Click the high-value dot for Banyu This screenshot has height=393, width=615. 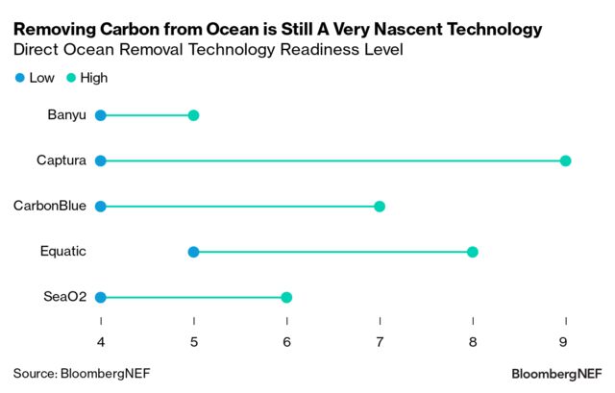193,115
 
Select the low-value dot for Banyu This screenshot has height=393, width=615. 101,115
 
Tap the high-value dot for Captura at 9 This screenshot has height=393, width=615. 565,160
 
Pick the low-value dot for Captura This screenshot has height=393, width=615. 101,160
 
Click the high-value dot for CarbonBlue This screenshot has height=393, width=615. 380,206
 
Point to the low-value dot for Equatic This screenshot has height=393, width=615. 193,252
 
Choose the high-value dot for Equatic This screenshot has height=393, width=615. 472,252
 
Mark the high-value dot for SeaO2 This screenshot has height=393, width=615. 286,297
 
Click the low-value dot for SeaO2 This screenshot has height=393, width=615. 101,297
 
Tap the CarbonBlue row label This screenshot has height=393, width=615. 50,206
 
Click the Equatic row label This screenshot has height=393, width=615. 63,252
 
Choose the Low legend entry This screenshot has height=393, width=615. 35,78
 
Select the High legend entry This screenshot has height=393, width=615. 88,78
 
